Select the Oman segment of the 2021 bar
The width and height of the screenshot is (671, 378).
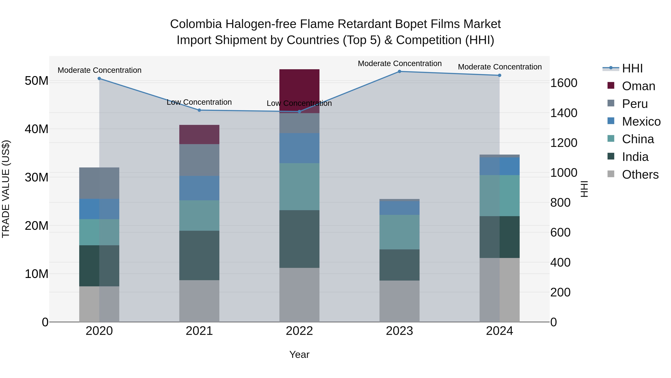tap(199, 134)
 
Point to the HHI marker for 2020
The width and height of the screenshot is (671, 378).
tap(99, 79)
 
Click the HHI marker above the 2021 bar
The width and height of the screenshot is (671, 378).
tap(199, 110)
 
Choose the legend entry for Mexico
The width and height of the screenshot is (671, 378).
tap(641, 121)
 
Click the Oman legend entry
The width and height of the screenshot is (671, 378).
tap(638, 86)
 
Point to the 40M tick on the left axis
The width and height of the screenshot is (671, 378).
tap(37, 129)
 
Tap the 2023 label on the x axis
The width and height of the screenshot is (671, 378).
tap(399, 331)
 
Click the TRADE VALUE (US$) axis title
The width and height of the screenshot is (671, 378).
tap(6, 189)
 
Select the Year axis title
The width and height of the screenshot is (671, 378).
tap(299, 354)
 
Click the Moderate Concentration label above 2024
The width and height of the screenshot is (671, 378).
tap(500, 67)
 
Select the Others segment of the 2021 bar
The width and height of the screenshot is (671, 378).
tap(199, 301)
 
